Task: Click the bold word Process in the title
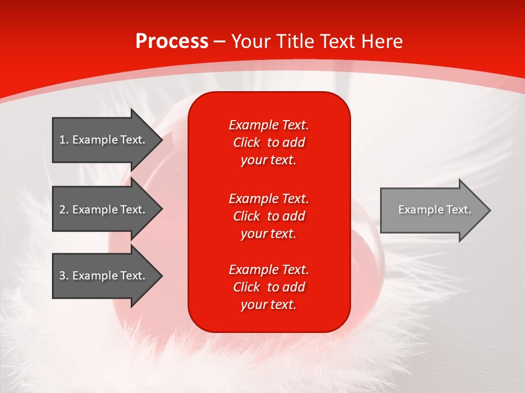(x=172, y=41)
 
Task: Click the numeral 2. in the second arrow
(x=64, y=210)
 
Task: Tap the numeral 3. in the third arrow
(x=64, y=276)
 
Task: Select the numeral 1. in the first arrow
(x=64, y=140)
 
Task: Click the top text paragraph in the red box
(x=269, y=142)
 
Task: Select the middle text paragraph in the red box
(x=269, y=216)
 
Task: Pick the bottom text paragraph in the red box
(x=269, y=287)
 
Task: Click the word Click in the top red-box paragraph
(x=246, y=142)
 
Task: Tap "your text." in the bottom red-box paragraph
(x=269, y=305)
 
